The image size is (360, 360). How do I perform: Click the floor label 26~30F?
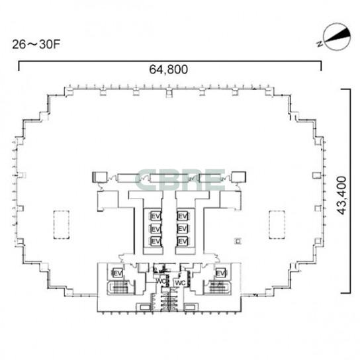[36, 44]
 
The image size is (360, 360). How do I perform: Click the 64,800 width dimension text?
[169, 69]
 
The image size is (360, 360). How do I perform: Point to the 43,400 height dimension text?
[341, 195]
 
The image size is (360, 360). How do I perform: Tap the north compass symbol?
[336, 37]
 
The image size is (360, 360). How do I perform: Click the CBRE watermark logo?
[180, 179]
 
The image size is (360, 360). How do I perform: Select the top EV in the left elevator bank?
[156, 216]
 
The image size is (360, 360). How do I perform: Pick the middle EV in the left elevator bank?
[156, 229]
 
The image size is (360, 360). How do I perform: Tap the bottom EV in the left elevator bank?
[156, 241]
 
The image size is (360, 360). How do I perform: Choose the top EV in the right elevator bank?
[183, 216]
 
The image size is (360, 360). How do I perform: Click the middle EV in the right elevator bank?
[183, 229]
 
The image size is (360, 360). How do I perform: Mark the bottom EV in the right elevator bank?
[183, 241]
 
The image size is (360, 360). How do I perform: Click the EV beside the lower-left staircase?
[117, 273]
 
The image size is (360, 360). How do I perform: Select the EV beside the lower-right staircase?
[220, 273]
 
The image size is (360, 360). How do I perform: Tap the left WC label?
[161, 281]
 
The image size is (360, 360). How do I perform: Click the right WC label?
[180, 283]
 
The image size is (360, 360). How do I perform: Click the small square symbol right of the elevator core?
[238, 242]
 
